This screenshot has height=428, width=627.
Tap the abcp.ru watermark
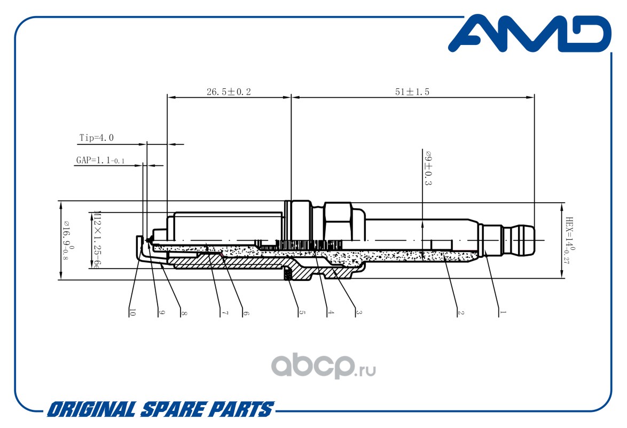(x=324, y=365)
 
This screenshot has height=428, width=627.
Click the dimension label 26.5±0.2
(x=229, y=92)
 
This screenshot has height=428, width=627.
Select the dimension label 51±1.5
(x=412, y=92)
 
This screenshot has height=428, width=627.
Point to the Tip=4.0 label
(x=96, y=138)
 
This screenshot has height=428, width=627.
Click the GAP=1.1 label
(x=100, y=160)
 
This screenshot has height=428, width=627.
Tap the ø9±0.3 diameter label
(x=428, y=169)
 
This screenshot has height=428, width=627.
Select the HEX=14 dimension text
(x=570, y=240)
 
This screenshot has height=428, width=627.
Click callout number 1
(x=503, y=312)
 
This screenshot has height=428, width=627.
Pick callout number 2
(x=461, y=312)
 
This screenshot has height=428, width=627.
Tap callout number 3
(x=359, y=312)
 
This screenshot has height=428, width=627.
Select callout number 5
(x=302, y=312)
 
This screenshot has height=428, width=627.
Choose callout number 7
(x=225, y=312)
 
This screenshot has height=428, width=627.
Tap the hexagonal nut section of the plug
(x=338, y=221)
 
